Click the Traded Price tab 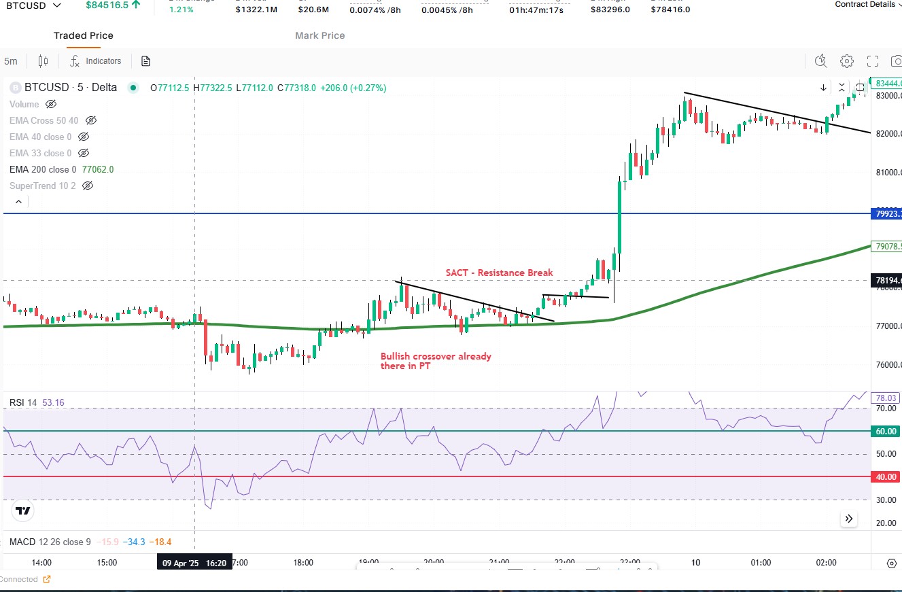point(84,35)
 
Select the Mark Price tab point(319,35)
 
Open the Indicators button point(96,61)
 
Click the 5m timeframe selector point(11,61)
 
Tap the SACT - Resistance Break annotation point(499,273)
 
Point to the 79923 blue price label point(886,213)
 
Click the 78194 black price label point(886,280)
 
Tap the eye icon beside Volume point(51,104)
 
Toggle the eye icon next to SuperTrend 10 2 point(87,186)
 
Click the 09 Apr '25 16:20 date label point(194,563)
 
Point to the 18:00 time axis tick point(303,563)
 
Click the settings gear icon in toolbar point(846,61)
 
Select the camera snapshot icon point(896,61)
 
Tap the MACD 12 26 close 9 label point(50,542)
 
